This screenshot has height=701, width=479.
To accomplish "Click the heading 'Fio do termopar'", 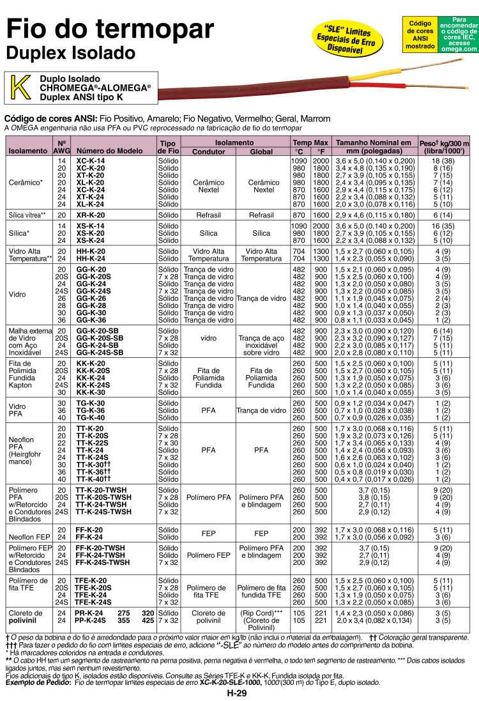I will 109,29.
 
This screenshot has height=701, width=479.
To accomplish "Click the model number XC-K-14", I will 91,160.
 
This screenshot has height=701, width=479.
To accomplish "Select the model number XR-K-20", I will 91,215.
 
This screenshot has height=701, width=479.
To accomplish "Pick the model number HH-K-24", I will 91,259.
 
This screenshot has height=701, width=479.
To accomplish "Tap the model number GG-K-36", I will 91,320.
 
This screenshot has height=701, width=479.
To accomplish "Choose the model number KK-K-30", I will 91,392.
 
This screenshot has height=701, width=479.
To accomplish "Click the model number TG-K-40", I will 91,417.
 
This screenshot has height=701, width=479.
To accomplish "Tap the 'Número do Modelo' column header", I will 109,151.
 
